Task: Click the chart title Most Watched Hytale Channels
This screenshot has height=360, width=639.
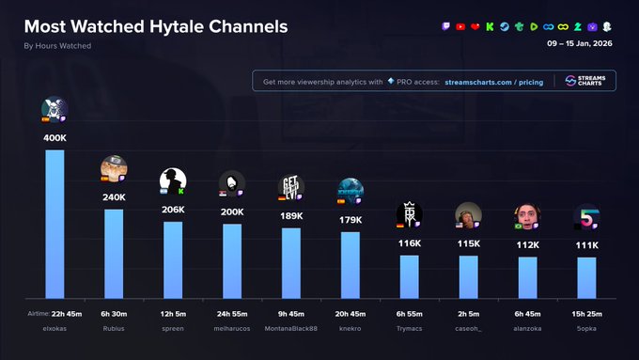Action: pos(156,26)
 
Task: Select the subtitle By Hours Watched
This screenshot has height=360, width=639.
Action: pos(57,46)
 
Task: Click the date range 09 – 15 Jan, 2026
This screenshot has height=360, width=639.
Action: pos(580,43)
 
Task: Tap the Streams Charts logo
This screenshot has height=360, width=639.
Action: pos(584,82)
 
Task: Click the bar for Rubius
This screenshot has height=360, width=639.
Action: pos(114,253)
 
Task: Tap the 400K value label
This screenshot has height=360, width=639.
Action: pos(55,138)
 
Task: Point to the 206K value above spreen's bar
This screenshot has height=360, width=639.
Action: pos(173,210)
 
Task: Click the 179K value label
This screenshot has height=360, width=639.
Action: pos(351,220)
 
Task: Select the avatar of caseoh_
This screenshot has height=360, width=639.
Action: pos(468,215)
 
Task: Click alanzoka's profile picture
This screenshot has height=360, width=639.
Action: pos(527,216)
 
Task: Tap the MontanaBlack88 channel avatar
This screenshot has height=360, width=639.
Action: pos(290,187)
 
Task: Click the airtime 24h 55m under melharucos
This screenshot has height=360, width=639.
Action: pos(232,313)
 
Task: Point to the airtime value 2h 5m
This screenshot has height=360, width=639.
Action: pos(468,313)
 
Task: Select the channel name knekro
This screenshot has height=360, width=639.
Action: pos(350,328)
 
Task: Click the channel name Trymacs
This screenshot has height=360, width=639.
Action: pos(409,328)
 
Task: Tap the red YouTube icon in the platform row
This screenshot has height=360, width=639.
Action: pos(460,26)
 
